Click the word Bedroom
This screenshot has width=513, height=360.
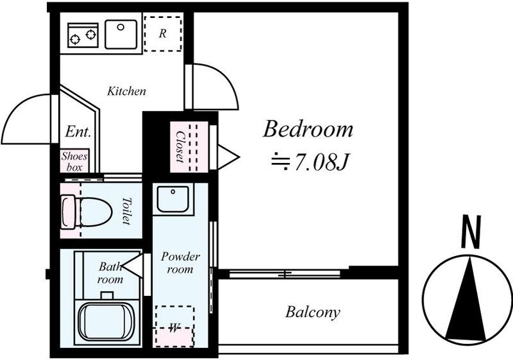[308, 129]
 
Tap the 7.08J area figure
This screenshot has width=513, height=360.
[320, 162]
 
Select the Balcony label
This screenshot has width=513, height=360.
[312, 313]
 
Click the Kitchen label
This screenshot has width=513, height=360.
[126, 91]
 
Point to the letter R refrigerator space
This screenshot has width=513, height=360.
[163, 33]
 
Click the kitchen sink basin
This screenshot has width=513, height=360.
[121, 35]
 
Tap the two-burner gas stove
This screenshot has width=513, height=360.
[83, 35]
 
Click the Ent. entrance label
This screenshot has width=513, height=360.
[78, 132]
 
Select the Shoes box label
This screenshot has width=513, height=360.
[74, 161]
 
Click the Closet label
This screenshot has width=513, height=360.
[180, 146]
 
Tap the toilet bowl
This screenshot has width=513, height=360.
[87, 211]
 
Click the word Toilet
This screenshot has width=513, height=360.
[126, 210]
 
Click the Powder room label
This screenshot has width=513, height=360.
[180, 263]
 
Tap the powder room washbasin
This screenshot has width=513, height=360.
[172, 199]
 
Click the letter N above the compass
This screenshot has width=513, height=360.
[471, 232]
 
